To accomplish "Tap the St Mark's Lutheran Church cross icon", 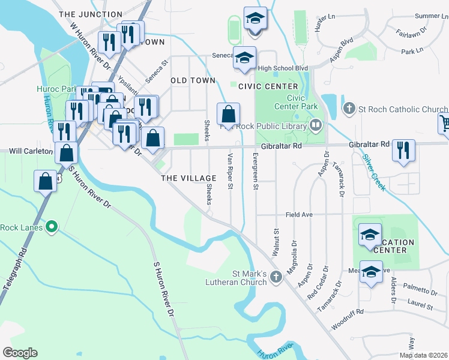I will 276,277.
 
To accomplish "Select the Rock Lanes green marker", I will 52,227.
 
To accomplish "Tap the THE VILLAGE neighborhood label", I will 188,178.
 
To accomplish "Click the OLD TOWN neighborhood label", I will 193,80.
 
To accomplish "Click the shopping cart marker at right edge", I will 444,123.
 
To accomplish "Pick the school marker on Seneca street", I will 244,58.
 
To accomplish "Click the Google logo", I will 20,353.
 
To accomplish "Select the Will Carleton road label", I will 31,151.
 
